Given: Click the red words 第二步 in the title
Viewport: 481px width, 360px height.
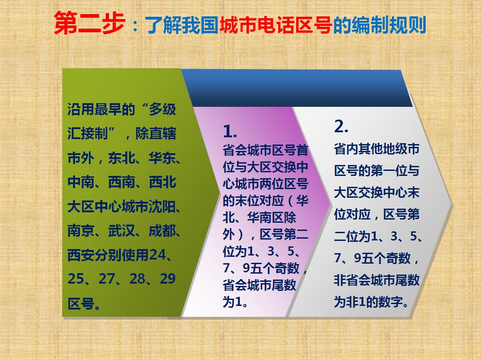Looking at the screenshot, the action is coord(89,23).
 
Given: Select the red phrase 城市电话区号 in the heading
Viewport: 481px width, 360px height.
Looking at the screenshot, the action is coord(275,25).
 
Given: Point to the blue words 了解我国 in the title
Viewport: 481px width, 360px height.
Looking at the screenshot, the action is coord(181,25).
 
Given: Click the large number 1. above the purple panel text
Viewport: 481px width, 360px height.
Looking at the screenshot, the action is coord(230,131).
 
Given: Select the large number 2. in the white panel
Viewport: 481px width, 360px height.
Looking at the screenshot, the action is coord(341,126).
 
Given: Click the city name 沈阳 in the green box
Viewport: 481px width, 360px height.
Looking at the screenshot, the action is coord(162,206).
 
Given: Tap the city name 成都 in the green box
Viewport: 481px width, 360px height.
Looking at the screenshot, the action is coord(162,231).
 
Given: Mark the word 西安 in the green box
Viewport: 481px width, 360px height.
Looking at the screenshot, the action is coord(81,255).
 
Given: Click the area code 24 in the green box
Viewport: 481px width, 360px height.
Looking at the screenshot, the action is coord(158,255).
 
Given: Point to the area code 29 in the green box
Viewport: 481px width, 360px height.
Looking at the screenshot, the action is coord(168,279).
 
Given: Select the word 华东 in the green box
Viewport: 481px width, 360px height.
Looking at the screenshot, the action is coord(162,158).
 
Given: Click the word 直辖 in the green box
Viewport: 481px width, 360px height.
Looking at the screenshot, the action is coord(162,134).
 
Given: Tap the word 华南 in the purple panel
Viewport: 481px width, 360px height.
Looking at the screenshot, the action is coord(259,218).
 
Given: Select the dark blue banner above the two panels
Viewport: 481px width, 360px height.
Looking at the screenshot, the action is coord(297,88).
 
